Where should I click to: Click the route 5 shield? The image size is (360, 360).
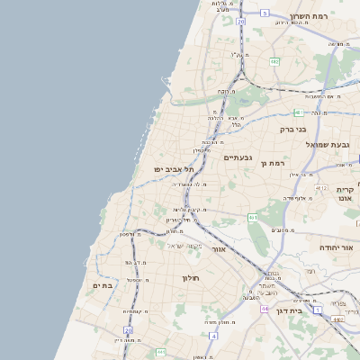coord(265,13)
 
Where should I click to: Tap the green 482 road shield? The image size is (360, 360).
coord(274,62)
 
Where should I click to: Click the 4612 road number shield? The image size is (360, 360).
coord(321,188)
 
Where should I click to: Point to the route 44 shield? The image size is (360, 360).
coord(265,308)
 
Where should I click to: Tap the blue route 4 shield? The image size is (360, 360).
coord(213,336)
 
